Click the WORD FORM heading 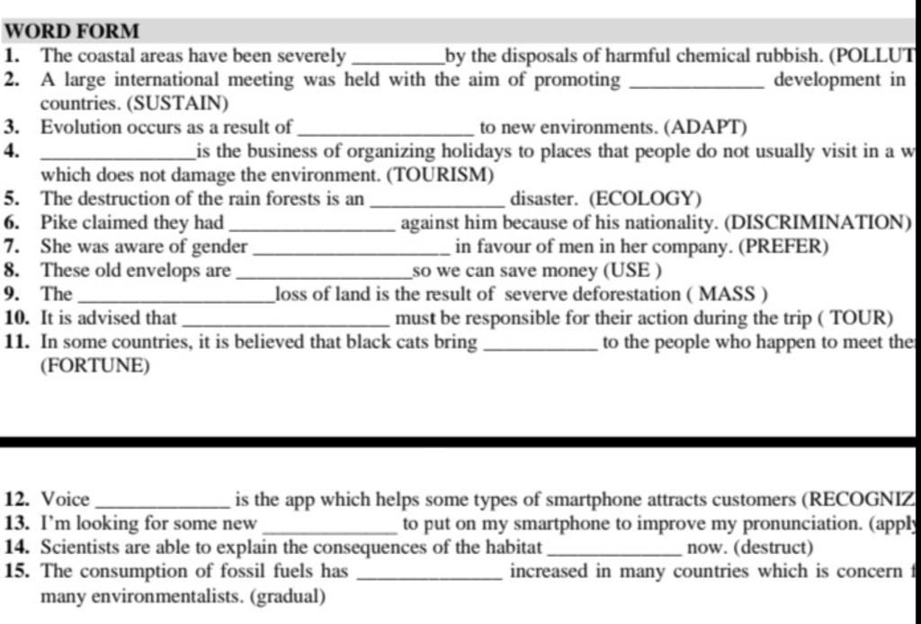pos(72,31)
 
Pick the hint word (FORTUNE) pos(95,366)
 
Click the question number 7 pos(12,246)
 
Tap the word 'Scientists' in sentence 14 pos(83,547)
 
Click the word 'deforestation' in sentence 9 pos(626,294)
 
